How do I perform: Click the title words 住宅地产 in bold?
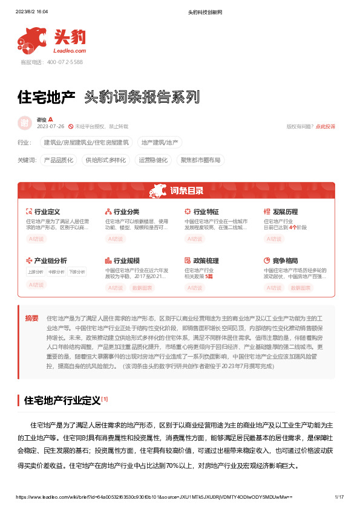coord(46,97)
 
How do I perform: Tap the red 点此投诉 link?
coord(326,126)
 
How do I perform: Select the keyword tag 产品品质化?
coord(59,160)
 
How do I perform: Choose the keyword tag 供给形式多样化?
coord(106,160)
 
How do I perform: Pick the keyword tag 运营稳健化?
coord(153,160)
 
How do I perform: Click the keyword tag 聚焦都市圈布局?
coord(200,160)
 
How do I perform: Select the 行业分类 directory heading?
coord(126,212)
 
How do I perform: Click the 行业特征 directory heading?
coord(205,212)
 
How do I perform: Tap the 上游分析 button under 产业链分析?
coord(36,272)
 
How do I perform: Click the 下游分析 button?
coord(77,272)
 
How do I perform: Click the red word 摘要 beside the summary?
coord(32,318)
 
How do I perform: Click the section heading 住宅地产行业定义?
coord(62,383)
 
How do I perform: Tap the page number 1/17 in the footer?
coord(339,497)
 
